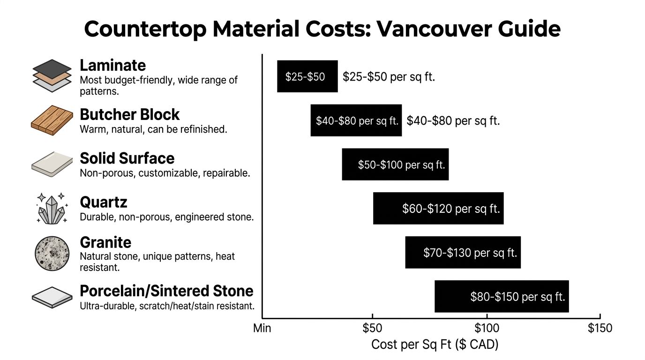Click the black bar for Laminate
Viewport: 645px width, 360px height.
click(x=307, y=76)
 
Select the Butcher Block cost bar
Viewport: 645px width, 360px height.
click(x=356, y=120)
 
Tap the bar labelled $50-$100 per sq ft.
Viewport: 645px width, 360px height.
click(x=395, y=165)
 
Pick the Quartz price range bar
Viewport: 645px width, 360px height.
click(x=438, y=208)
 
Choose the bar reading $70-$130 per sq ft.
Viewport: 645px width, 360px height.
click(x=463, y=252)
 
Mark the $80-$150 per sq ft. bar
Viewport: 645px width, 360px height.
click(x=502, y=296)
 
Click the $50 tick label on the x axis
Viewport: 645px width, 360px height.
click(x=372, y=328)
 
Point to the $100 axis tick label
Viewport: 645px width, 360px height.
click(x=487, y=328)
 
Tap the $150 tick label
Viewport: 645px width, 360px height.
click(x=600, y=328)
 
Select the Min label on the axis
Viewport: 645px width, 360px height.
click(x=262, y=328)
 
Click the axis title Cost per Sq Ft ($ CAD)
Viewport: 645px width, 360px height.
click(x=435, y=345)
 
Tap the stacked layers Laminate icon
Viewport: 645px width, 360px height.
click(x=52, y=73)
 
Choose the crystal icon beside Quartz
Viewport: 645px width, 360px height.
click(x=52, y=208)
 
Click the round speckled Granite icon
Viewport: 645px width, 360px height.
click(x=52, y=253)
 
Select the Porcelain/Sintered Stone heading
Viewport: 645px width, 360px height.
click(x=166, y=291)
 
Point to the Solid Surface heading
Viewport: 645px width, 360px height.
click(x=127, y=158)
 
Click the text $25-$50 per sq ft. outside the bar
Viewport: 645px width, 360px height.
click(x=389, y=77)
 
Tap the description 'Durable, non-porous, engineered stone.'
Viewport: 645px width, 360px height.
click(x=166, y=217)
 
